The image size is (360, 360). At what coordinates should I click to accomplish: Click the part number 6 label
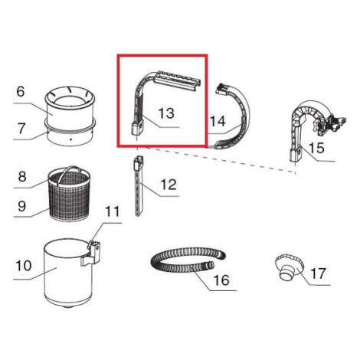coord(21,91)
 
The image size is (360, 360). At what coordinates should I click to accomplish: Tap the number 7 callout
coord(21,128)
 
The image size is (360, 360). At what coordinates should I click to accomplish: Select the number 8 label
coord(22,176)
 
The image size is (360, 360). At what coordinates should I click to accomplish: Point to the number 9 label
coord(21,206)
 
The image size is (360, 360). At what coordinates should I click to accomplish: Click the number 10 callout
coord(24,266)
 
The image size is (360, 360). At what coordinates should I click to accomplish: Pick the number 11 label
coord(112,211)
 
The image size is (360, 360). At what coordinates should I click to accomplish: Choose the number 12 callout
coord(169,185)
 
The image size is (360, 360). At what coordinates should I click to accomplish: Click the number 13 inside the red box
coord(166,113)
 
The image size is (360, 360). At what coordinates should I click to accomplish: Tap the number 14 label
coord(218,121)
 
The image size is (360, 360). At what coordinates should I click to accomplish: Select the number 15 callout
coord(316,148)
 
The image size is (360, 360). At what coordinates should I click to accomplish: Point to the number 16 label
coord(221,280)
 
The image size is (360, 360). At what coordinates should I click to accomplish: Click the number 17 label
coord(318,273)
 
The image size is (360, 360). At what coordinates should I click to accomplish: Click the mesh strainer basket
coord(69,195)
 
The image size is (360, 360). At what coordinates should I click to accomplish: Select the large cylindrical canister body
coord(68,273)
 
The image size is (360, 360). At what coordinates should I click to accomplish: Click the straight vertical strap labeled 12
coord(139,186)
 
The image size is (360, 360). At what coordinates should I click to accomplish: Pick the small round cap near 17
coord(290,267)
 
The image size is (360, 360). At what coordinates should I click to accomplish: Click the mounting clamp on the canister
coord(91,253)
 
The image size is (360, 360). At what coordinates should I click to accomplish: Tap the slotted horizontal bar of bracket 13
coord(177,80)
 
